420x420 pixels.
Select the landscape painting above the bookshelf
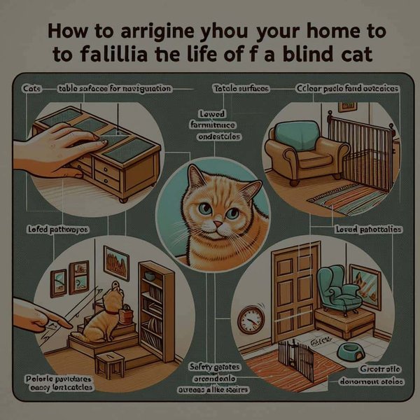[x=115, y=261]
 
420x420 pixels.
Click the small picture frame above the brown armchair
[x=346, y=106]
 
